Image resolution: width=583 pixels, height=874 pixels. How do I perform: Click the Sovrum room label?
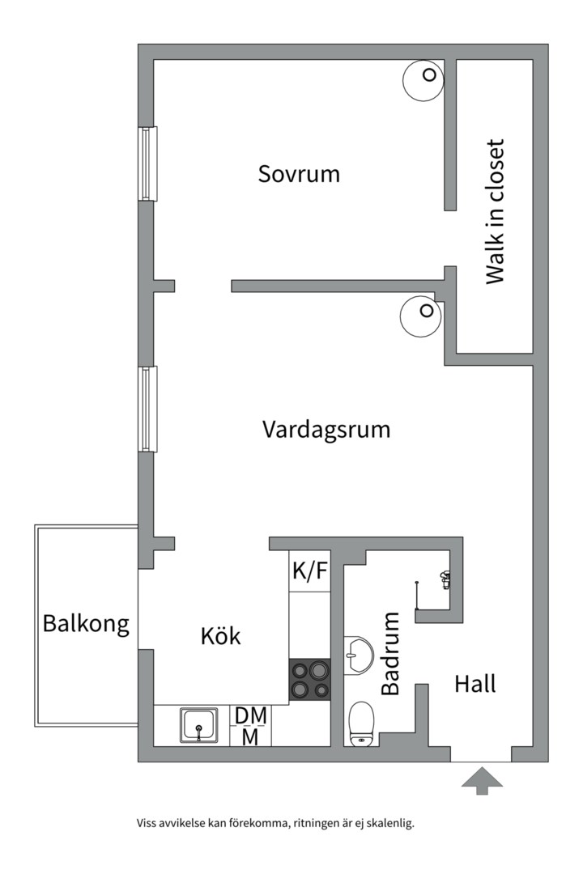(299, 174)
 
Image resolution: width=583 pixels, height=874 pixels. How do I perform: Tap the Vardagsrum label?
(326, 429)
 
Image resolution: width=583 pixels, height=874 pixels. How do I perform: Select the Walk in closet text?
(495, 212)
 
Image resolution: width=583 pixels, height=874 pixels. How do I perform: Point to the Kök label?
(221, 636)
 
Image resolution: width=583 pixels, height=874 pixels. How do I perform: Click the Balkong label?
(86, 624)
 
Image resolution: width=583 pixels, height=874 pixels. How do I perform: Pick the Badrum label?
(391, 653)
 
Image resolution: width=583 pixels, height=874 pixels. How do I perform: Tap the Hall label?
(475, 684)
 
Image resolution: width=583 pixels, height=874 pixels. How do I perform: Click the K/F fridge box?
(310, 571)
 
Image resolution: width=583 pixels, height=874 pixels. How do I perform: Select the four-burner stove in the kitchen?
(310, 679)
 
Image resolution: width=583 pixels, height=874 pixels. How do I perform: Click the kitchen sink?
(198, 724)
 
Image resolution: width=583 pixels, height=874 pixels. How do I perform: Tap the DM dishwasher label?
(251, 715)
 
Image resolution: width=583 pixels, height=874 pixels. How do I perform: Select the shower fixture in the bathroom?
(444, 579)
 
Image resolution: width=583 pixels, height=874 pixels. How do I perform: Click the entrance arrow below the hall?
(482, 780)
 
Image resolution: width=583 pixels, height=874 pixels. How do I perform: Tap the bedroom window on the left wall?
(147, 163)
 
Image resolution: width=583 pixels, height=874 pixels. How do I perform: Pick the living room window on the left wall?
(147, 409)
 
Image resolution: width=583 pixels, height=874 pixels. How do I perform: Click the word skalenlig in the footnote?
(389, 824)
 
